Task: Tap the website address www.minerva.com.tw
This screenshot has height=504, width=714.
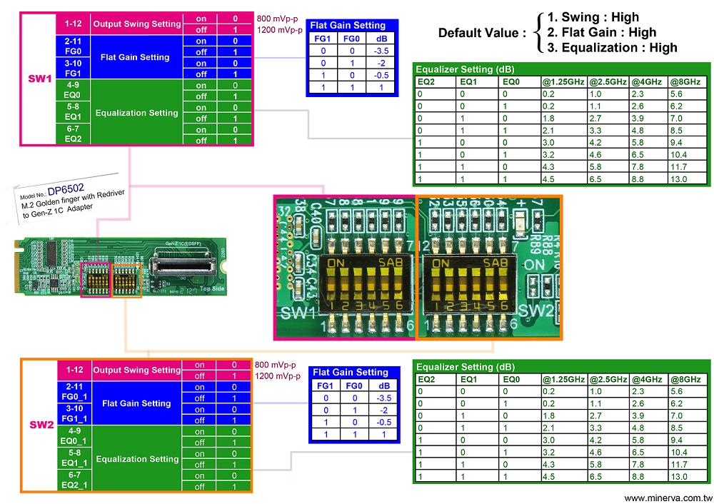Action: click(668, 498)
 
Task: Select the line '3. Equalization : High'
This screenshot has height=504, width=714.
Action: click(612, 48)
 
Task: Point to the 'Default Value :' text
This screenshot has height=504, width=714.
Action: click(482, 33)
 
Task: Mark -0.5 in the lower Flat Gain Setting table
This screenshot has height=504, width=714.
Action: click(383, 421)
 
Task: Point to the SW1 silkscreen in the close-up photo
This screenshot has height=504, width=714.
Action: click(298, 313)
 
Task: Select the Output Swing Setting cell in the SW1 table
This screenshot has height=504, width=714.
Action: click(137, 24)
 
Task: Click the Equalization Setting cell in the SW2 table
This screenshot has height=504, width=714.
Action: click(136, 459)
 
